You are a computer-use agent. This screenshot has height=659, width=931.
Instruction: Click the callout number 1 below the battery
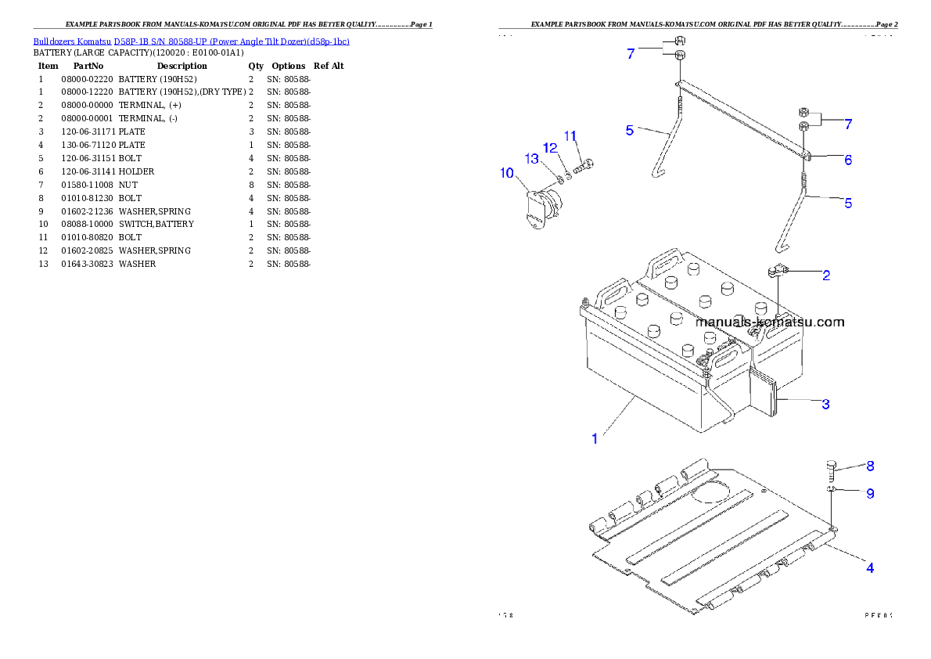point(595,439)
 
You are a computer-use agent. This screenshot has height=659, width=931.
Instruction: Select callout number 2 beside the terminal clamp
point(826,275)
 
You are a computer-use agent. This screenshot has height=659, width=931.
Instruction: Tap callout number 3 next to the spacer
point(825,405)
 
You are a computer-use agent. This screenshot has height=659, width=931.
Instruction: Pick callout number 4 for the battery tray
point(869,568)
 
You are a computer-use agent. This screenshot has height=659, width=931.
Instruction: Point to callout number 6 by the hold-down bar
point(847,160)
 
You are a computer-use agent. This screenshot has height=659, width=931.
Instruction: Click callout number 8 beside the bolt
point(870,466)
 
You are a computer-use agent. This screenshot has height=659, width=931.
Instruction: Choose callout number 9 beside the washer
point(870,494)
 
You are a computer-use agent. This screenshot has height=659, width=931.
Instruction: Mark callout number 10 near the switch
point(507,172)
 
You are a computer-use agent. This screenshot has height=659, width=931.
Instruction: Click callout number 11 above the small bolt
point(570,135)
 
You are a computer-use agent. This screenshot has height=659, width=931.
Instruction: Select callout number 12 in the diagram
point(551,147)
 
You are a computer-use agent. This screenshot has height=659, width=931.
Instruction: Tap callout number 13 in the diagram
point(532,159)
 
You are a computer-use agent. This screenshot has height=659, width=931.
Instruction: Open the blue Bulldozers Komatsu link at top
point(191,41)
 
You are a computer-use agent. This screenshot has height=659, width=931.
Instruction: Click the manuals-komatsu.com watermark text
point(770,322)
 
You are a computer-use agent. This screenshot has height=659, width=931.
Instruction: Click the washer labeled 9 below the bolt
point(832,491)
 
